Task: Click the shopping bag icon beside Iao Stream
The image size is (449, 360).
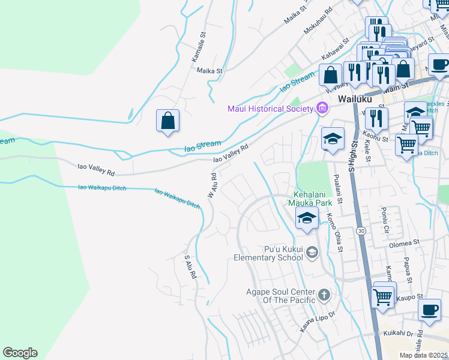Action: [168, 120]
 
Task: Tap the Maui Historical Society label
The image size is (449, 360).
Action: [270, 109]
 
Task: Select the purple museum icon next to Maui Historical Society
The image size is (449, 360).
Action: [322, 108]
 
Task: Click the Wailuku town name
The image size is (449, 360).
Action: [355, 98]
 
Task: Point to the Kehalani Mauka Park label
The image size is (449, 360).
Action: [314, 199]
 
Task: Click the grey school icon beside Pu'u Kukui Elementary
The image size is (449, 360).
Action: [312, 252]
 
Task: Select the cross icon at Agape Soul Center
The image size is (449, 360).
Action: [324, 295]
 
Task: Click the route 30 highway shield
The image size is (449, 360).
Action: [361, 230]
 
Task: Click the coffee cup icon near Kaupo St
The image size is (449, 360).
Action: [429, 310]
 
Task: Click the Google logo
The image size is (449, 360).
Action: [20, 353]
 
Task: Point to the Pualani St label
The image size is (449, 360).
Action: [337, 190]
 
